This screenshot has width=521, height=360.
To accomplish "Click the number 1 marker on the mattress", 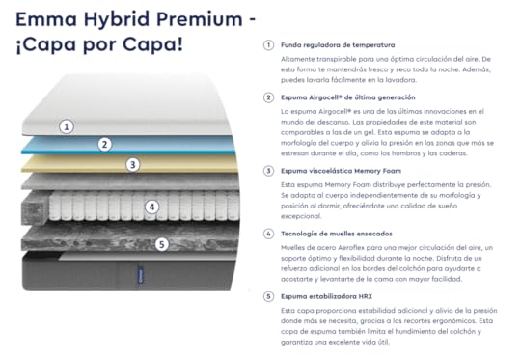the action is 67,126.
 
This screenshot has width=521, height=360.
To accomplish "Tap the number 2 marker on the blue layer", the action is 104,144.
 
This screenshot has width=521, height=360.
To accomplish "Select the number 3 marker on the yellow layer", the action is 132,164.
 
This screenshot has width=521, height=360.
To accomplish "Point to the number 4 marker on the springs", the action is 151,208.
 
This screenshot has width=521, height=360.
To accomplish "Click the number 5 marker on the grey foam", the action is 161,244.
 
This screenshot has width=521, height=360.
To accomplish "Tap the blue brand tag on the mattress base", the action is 141,274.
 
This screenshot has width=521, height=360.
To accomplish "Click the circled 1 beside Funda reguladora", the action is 268,45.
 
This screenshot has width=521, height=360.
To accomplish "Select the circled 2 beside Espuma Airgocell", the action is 268,97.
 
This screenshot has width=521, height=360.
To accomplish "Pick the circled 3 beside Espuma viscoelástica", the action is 268,171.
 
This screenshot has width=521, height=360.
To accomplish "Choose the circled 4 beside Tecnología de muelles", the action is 268,234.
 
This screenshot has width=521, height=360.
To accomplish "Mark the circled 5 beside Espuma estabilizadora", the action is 268,296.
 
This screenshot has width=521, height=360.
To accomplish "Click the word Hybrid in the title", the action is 117,20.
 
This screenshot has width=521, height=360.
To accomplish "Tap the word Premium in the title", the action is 200,19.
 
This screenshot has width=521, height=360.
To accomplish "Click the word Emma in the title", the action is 46,19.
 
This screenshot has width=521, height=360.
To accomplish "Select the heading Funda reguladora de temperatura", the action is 338,45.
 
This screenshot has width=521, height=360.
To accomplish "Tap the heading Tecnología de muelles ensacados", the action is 337,234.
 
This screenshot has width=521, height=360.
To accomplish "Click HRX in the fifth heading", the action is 365,296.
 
